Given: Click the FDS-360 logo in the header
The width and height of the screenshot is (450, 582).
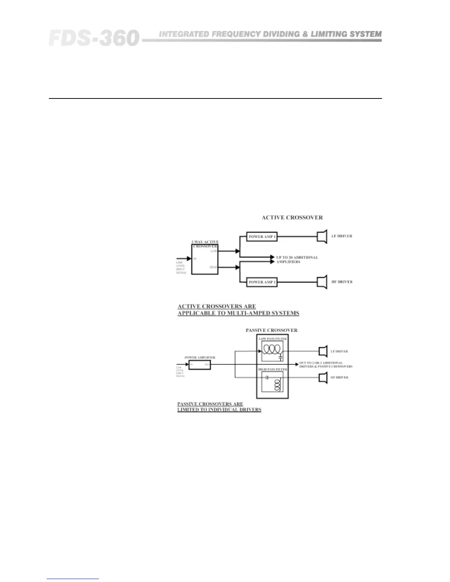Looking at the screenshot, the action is [x=94, y=38].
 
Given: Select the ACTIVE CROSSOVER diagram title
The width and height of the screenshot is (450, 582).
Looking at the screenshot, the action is [x=292, y=218].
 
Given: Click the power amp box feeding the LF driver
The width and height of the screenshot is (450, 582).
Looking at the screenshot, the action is [x=262, y=237].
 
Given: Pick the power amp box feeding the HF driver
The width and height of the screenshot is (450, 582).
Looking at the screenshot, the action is [x=262, y=282].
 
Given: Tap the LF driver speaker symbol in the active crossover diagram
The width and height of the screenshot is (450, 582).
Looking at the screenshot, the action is [x=322, y=236].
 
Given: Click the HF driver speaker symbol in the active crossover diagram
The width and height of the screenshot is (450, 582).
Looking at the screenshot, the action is [x=322, y=282].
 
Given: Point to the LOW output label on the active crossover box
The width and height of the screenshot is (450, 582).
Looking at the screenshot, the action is [x=214, y=251].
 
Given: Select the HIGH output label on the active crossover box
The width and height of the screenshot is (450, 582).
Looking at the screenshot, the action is [x=213, y=267].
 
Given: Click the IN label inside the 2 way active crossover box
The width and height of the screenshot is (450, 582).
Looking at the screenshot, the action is [x=195, y=259].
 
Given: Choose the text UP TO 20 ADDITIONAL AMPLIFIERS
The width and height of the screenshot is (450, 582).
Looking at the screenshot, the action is [x=297, y=259].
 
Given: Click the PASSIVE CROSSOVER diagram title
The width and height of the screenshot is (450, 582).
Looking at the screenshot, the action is [x=271, y=330].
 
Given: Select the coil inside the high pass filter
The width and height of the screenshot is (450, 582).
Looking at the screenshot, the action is [x=278, y=384].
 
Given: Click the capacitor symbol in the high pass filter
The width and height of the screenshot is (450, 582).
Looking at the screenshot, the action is [x=268, y=377].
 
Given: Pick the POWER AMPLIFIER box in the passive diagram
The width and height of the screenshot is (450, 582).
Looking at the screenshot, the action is [x=200, y=365].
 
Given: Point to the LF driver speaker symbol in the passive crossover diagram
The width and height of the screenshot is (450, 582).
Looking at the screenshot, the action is [x=323, y=351].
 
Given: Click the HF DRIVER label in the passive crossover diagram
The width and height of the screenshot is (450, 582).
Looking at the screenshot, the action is [x=339, y=377].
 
